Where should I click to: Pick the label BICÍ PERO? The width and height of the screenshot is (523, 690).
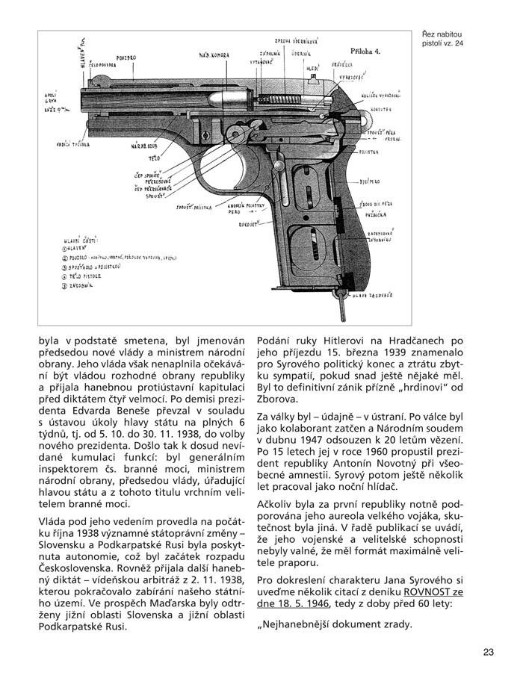click(371, 181)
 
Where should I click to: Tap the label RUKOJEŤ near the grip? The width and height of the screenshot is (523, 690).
click(248, 223)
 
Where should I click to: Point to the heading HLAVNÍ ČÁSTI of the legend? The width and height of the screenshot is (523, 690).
click(81, 240)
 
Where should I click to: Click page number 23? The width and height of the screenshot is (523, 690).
click(489, 652)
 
